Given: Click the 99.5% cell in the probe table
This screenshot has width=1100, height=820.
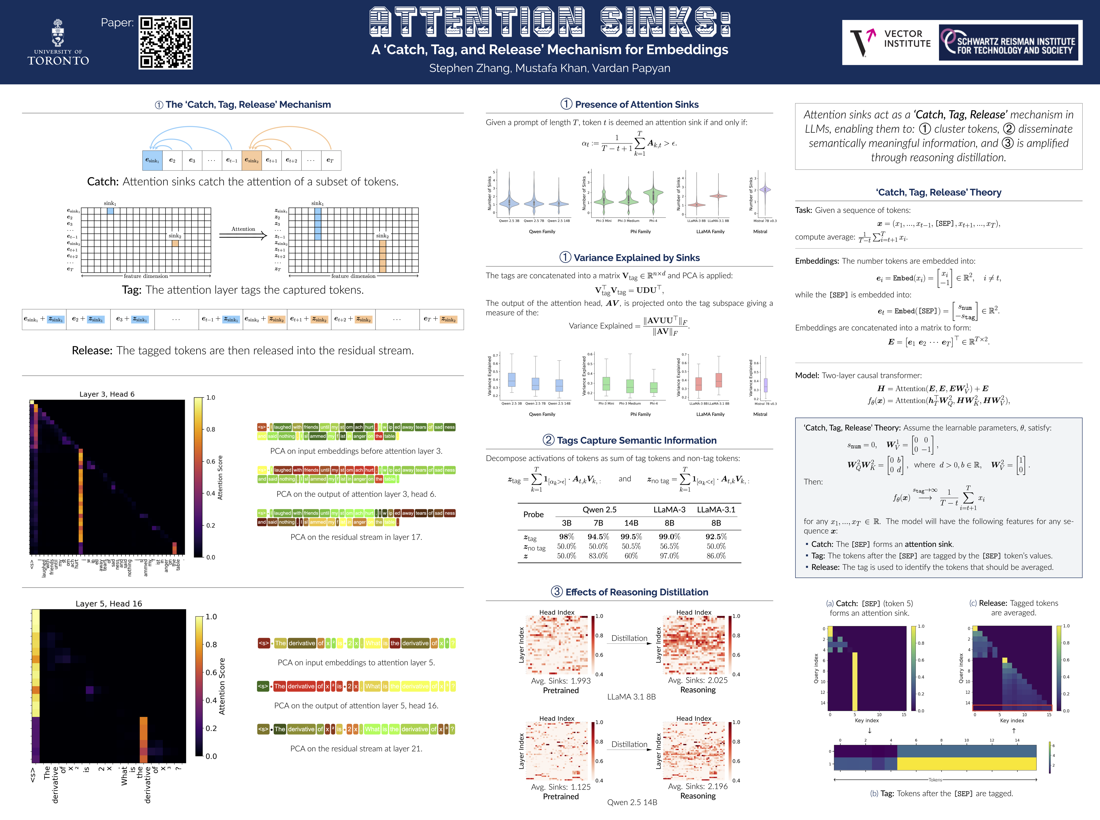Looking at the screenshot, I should click(631, 537).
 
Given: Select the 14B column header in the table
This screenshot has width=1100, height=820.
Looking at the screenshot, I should click(631, 523).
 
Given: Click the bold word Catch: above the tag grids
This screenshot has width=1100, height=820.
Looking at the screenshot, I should click(103, 182).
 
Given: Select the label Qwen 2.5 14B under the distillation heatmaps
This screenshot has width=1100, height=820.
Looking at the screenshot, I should click(632, 802).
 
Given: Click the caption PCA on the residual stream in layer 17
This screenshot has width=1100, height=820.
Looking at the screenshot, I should click(356, 537).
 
